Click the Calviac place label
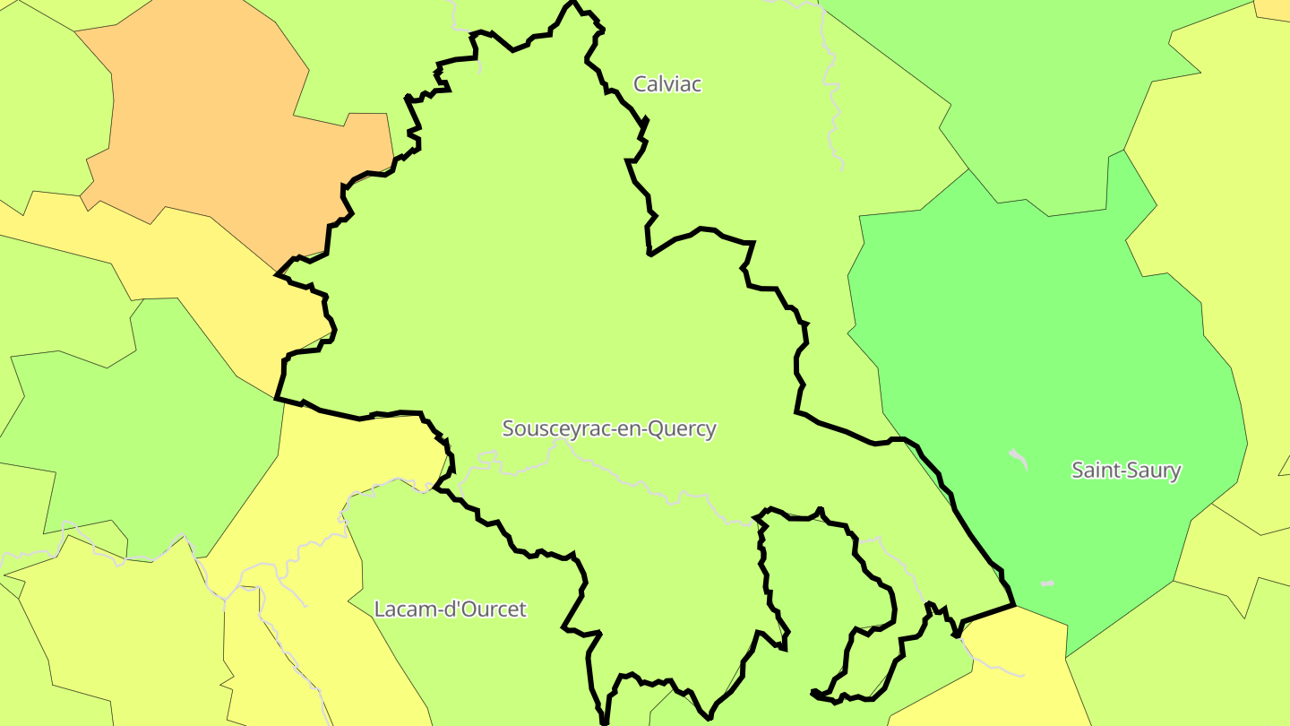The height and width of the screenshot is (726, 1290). (666, 84)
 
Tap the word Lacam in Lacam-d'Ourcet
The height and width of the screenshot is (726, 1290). (400, 609)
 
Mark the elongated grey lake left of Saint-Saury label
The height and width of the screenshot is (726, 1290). (1019, 458)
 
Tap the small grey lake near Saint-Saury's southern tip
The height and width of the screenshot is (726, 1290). (1047, 583)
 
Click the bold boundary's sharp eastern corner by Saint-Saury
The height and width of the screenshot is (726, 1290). (1014, 605)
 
